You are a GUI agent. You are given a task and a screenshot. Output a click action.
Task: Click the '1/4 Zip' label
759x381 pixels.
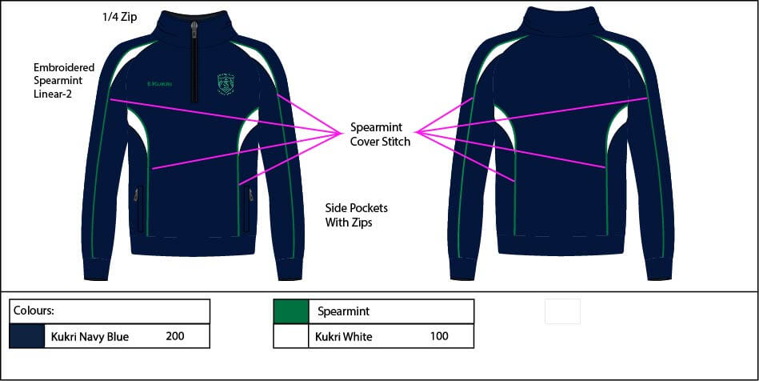pos(120,17)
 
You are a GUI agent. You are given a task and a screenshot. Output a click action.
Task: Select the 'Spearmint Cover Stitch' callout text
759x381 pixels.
pos(380,134)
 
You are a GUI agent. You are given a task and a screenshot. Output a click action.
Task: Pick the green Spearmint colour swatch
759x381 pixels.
pos(290,311)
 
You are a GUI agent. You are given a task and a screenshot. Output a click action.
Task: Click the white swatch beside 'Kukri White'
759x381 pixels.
pos(290,336)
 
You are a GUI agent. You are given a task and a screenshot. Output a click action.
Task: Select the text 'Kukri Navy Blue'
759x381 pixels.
pos(90,337)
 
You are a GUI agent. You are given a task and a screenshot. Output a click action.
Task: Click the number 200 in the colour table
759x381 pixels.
pos(175,336)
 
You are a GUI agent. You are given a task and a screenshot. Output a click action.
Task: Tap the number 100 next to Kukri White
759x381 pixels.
pos(439,336)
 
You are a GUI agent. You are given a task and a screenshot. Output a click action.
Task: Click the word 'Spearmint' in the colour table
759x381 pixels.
pos(344,311)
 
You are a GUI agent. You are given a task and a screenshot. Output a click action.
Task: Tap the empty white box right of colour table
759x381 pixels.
pos(562,311)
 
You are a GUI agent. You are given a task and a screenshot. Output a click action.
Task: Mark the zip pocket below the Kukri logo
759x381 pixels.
pos(141,209)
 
